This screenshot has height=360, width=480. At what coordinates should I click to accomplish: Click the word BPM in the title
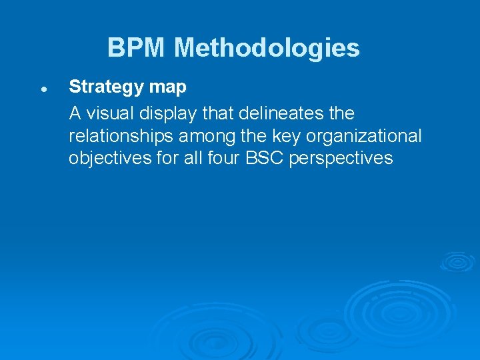(137, 48)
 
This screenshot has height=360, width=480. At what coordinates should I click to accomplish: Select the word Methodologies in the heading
(267, 48)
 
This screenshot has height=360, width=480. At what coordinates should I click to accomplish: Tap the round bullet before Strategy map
(42, 88)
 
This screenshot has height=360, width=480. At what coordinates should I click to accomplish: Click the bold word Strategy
(107, 87)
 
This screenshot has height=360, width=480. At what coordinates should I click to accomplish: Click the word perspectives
(341, 159)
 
